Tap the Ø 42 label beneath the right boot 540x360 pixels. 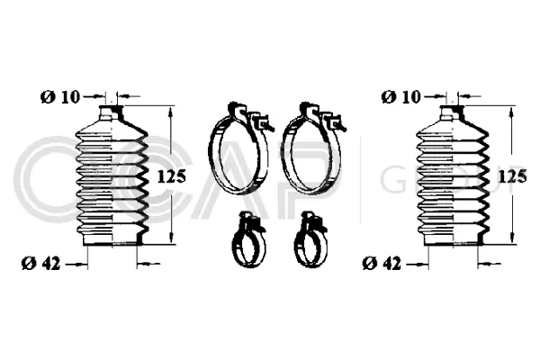click(381, 263)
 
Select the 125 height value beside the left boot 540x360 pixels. click(170, 176)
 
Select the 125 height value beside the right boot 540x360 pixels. click(512, 176)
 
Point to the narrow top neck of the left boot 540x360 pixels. click(111, 113)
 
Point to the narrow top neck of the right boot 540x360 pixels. click(451, 113)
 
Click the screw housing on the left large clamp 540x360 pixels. click(261, 121)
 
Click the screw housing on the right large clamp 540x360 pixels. click(332, 121)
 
